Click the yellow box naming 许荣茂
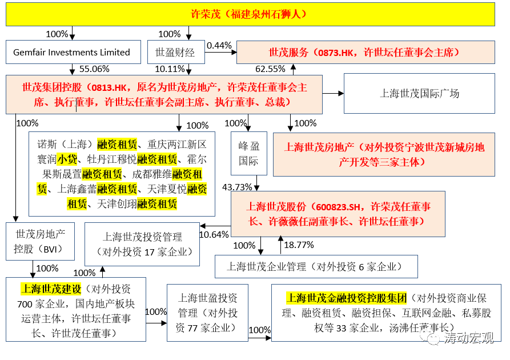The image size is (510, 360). coord(250,14)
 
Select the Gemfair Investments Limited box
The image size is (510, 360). coord(72,52)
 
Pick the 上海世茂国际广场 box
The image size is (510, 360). coord(420,94)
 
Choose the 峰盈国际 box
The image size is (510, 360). coord(248,153)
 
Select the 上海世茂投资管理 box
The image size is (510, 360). coord(142,244)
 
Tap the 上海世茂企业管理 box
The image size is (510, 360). coord(316,266)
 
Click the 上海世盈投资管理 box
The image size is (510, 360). coord(208,313)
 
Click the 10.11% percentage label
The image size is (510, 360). coord(170,69)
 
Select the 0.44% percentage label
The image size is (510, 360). coord(219,45)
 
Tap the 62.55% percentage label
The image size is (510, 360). coord(270,69)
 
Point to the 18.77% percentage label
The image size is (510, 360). coord(299,245)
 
